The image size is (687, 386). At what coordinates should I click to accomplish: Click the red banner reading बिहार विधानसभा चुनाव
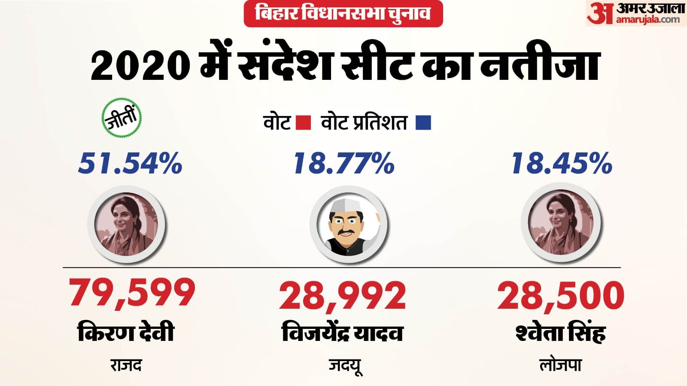click(343, 14)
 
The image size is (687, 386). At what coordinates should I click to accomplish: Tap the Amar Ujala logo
click(635, 14)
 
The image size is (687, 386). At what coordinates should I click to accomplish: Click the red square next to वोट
click(304, 123)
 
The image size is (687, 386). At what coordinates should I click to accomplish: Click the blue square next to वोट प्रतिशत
click(423, 123)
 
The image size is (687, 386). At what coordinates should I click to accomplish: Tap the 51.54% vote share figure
click(131, 164)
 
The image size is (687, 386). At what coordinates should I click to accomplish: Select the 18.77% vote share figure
click(343, 164)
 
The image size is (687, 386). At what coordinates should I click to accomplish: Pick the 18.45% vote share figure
click(562, 164)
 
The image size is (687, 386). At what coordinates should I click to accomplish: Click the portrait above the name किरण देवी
click(126, 225)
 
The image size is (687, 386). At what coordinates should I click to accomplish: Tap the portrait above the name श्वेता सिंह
click(560, 225)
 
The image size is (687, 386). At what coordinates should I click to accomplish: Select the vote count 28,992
click(343, 295)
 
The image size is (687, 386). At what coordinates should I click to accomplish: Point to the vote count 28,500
click(561, 295)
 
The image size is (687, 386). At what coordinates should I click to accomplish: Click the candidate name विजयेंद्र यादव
click(343, 333)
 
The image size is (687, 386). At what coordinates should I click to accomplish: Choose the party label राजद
click(126, 365)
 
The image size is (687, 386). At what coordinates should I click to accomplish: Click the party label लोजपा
click(560, 365)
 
